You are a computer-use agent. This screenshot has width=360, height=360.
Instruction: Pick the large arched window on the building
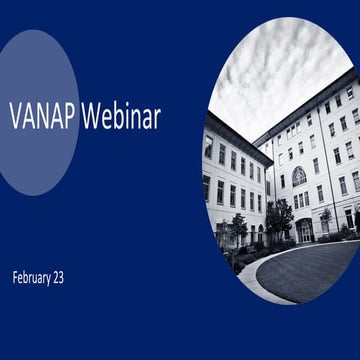tap(299, 176)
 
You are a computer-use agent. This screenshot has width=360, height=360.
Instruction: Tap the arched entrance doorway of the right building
tap(304, 231)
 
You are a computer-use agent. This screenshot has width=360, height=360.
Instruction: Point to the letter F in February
tap(15, 276)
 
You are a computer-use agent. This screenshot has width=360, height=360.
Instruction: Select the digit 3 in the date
tap(76, 276)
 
